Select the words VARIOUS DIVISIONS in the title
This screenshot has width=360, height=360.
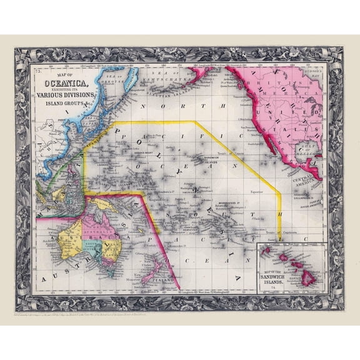[69, 95]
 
